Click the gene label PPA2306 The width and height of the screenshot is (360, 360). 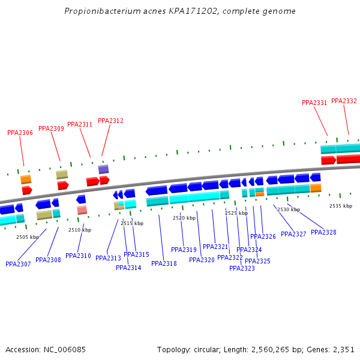20,133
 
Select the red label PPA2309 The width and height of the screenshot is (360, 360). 51,128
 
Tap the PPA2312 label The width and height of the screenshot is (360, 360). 110,121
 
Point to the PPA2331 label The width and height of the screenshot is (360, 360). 314,103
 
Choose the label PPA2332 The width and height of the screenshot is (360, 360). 344,101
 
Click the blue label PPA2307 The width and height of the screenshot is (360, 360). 18,264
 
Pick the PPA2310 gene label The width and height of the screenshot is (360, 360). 78,256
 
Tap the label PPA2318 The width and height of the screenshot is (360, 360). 164,263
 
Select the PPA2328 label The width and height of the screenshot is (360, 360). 323,232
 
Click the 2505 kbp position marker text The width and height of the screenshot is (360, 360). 28,237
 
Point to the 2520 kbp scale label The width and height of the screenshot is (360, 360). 184,218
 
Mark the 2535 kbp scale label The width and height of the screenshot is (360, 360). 341,206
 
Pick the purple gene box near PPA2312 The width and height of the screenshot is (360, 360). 104,169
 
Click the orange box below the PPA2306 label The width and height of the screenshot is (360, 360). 26,179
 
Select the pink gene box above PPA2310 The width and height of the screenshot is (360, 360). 82,210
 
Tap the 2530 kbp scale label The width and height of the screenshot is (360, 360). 289,209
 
